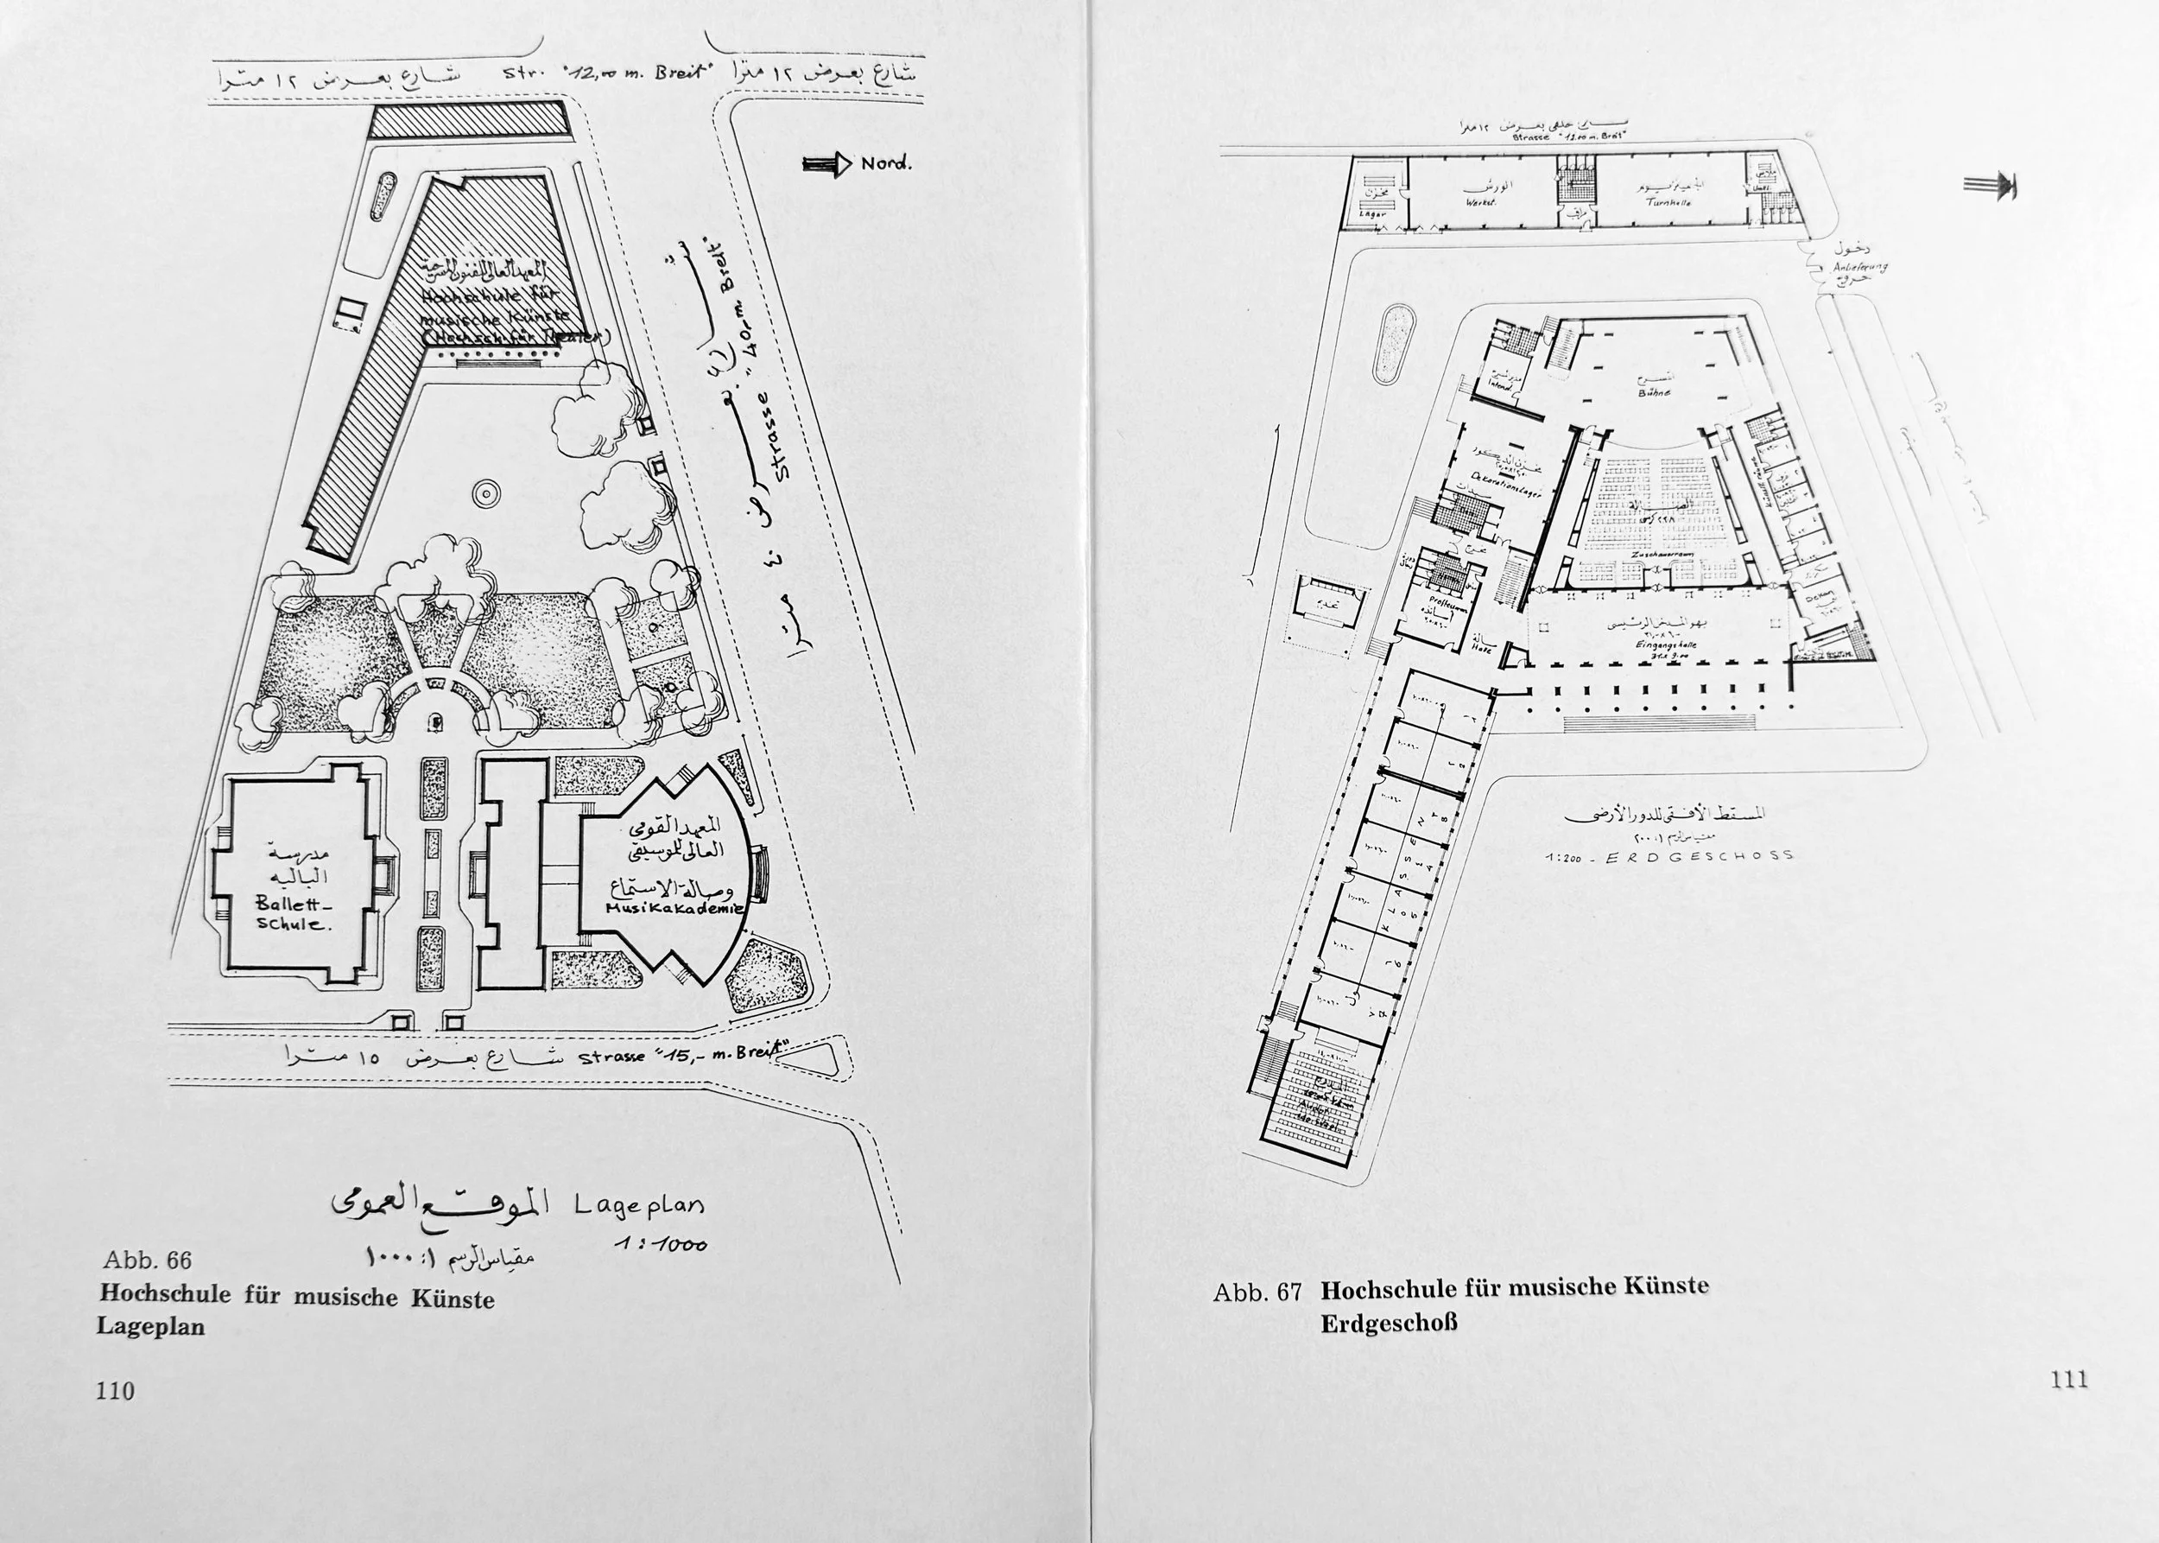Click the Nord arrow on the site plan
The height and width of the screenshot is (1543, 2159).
tap(827, 164)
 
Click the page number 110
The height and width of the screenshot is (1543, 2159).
tap(115, 1391)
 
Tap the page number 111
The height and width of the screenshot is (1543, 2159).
tap(2069, 1380)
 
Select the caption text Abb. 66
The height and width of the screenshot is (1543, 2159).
tap(147, 1260)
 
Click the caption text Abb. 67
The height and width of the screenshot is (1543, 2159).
tap(1256, 1293)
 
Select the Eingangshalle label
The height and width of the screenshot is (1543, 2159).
tap(1659, 645)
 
